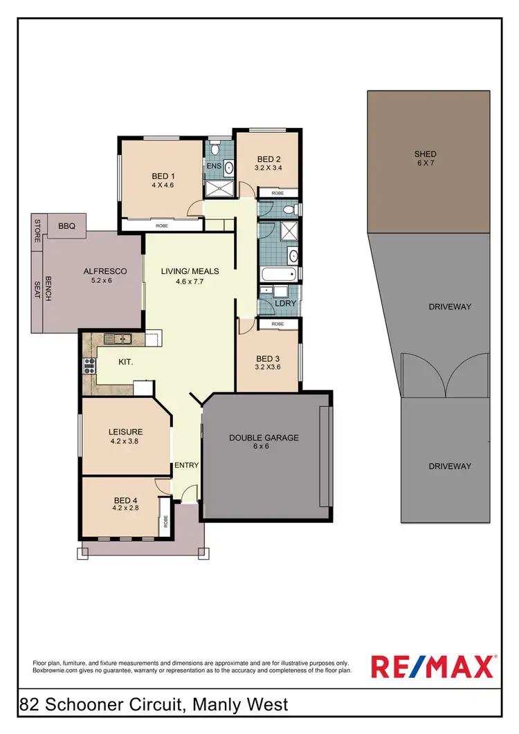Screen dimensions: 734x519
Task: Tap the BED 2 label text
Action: click(x=268, y=159)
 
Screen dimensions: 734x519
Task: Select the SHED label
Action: click(x=425, y=154)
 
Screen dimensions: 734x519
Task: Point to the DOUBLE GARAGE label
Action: click(x=264, y=437)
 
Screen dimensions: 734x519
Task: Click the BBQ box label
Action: click(x=66, y=225)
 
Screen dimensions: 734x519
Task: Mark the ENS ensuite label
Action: click(x=212, y=167)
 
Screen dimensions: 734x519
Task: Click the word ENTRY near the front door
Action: click(x=186, y=465)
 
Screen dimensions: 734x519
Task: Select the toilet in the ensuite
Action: click(x=215, y=148)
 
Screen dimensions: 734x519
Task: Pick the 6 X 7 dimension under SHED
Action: click(x=425, y=163)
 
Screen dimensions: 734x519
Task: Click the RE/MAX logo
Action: click(x=433, y=666)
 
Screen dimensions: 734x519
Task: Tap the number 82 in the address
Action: click(x=29, y=706)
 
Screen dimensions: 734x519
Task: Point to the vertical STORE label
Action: click(x=37, y=229)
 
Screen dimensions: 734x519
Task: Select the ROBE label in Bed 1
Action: click(x=161, y=225)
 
